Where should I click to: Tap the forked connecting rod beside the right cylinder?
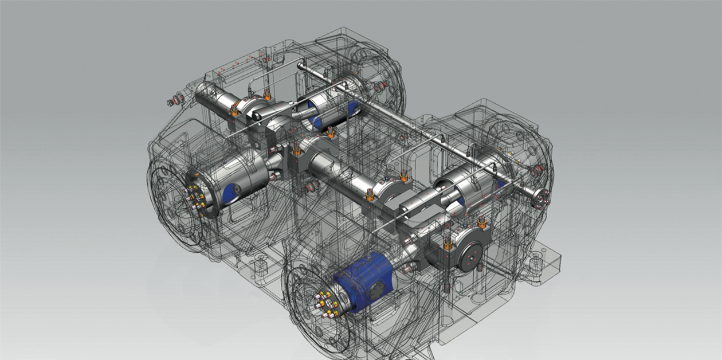click(x=421, y=204)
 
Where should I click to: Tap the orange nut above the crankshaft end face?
click(x=482, y=222)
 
